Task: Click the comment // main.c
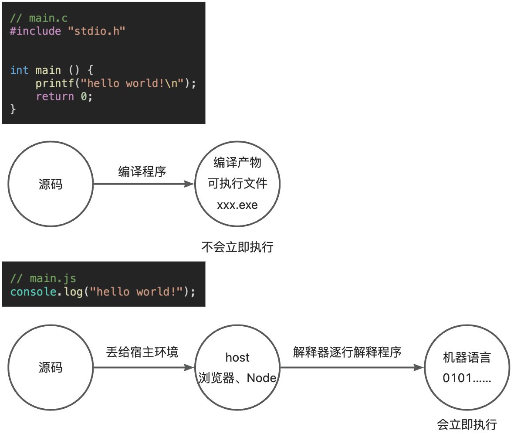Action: (39, 18)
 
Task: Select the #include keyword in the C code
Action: (35, 31)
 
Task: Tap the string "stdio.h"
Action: (96, 31)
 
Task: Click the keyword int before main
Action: (19, 70)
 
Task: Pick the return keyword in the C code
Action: (55, 96)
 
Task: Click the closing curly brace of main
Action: (13, 109)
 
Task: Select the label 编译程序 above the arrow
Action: (142, 171)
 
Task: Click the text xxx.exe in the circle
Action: (237, 205)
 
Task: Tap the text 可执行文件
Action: (237, 184)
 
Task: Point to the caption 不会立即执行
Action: (237, 247)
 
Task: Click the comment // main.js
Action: (43, 278)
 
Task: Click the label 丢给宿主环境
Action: (142, 352)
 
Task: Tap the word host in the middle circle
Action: (237, 358)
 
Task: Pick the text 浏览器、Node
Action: (237, 378)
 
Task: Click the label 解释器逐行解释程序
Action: (347, 352)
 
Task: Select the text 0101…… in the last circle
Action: (467, 378)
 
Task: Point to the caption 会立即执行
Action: (467, 424)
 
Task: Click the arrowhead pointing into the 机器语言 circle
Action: (419, 368)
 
